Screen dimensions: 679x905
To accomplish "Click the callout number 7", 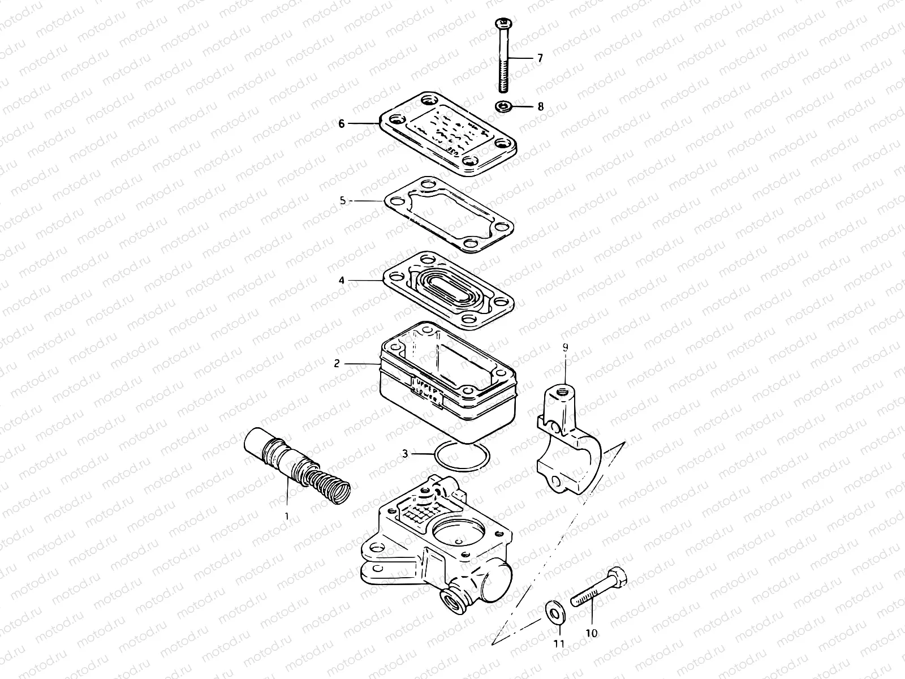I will [540, 58].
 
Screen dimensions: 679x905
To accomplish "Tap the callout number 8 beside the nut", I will [540, 106].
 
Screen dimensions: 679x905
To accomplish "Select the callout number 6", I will [341, 123].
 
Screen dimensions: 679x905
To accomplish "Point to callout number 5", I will [342, 200].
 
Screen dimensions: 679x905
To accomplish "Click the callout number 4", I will [342, 280].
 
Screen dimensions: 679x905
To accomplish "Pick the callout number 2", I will [337, 363].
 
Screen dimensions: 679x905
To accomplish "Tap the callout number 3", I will [405, 453].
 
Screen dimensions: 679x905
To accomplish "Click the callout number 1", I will [286, 516].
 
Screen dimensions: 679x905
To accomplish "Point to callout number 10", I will [591, 633].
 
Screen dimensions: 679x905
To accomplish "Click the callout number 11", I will [559, 643].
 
